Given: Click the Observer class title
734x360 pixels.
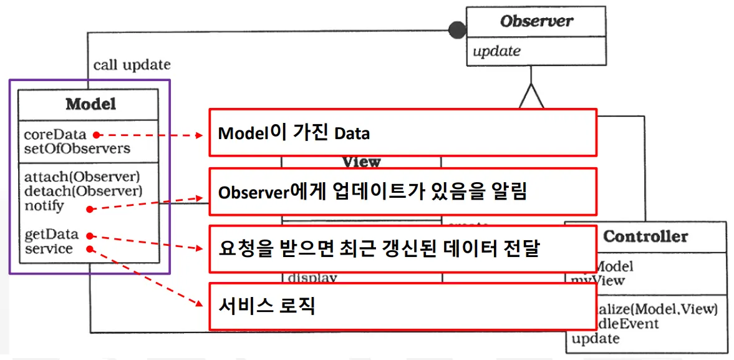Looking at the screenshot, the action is (536, 21).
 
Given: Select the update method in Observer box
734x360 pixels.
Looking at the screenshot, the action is (496, 51).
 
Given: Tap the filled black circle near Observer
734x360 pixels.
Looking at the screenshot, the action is (458, 29).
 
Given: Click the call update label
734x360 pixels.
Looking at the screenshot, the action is (132, 65).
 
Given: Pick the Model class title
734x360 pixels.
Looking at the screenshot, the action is (90, 104).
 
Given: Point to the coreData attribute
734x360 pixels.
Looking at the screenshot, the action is (54, 134).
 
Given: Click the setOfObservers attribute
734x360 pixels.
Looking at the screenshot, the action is (77, 148).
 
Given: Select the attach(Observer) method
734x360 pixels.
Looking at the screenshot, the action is (82, 177).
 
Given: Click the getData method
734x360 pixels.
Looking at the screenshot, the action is (51, 235).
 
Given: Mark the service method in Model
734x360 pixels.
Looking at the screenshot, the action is (48, 248).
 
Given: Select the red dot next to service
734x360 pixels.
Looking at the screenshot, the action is (90, 249).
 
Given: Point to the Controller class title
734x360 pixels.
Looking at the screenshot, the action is (645, 236).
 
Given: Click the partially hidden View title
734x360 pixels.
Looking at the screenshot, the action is (361, 162).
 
